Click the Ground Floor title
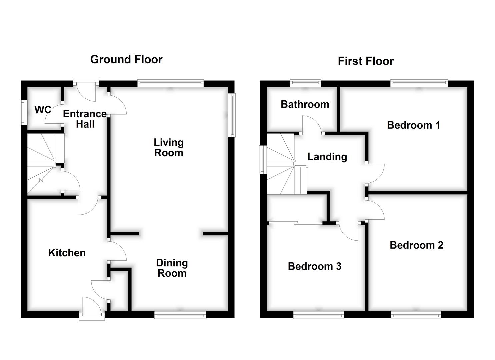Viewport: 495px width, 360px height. (x=126, y=59)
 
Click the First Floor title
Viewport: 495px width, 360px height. (x=366, y=61)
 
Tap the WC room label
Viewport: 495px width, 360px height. (x=43, y=110)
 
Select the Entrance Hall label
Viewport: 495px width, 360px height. (x=85, y=119)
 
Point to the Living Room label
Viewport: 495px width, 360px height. (x=169, y=148)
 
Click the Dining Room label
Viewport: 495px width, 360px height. (x=172, y=268)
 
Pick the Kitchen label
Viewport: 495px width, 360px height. (x=67, y=253)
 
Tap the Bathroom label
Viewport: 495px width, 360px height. (x=305, y=104)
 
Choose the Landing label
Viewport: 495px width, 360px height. (x=327, y=157)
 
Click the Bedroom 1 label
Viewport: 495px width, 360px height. (x=413, y=125)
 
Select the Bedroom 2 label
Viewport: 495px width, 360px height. (x=416, y=245)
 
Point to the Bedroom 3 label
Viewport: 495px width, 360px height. (x=315, y=266)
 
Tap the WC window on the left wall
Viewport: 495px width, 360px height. (x=23, y=112)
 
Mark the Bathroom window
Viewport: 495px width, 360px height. (x=305, y=83)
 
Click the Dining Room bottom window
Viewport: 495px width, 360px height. (x=180, y=315)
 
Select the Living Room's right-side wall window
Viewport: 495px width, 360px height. (x=232, y=115)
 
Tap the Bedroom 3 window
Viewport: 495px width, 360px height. (x=319, y=315)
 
